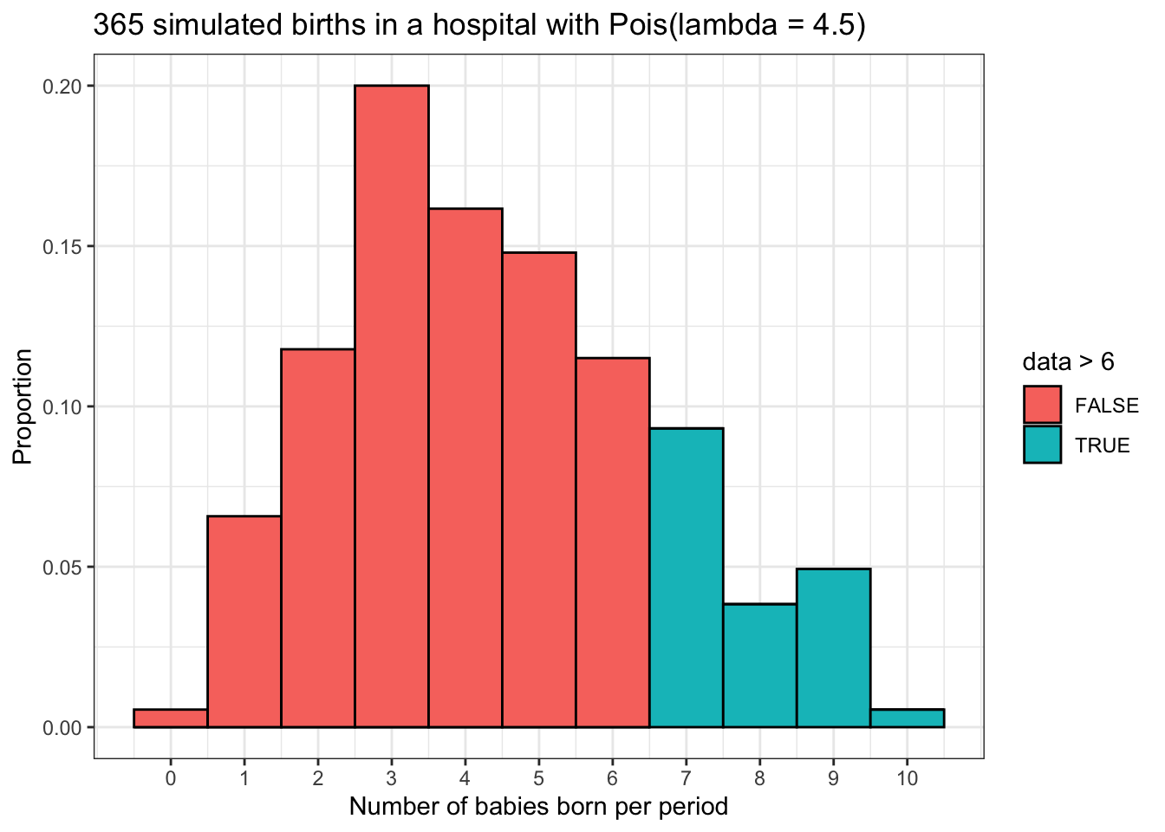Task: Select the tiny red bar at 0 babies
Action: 171,718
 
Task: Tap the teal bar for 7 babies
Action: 687,577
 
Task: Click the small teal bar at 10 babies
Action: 908,718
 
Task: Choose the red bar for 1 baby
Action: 244,621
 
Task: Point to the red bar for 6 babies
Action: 613,543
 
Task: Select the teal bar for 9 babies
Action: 834,648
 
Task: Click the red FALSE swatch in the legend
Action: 1042,406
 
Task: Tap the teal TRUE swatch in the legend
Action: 1042,445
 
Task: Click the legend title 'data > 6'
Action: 1068,361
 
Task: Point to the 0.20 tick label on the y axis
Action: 64,87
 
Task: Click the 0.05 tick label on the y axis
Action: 64,568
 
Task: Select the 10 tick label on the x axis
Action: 908,778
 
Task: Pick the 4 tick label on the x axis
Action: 465,778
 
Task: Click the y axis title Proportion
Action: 23,406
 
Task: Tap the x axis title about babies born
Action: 538,808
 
